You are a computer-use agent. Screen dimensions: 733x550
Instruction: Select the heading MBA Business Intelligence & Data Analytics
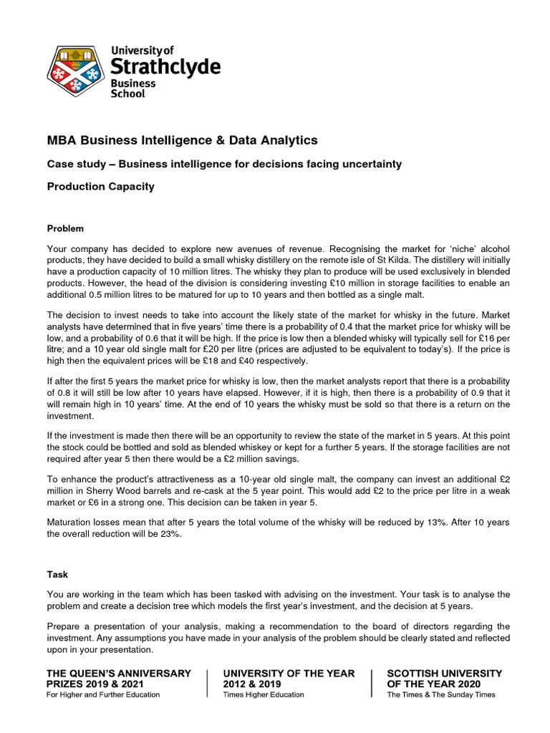(x=182, y=140)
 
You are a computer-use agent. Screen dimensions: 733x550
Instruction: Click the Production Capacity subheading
(x=100, y=187)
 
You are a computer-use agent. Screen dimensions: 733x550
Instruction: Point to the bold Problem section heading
(x=65, y=228)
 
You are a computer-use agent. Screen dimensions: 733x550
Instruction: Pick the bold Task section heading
(x=57, y=574)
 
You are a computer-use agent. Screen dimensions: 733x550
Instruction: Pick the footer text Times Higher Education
(x=264, y=694)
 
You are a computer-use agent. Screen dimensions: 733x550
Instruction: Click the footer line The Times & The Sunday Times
(x=440, y=694)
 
